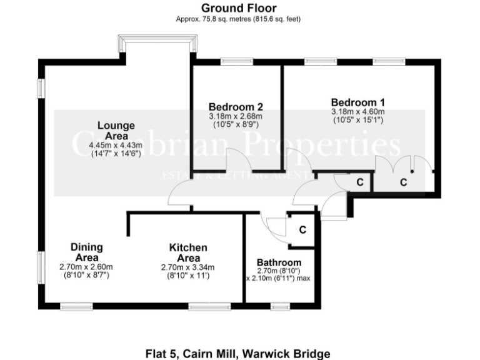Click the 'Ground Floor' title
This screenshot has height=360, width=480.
238,8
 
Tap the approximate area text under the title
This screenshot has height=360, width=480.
238,19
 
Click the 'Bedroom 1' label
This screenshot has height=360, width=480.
357,102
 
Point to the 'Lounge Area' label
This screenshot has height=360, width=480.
116,131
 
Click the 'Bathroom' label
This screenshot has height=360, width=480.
279,262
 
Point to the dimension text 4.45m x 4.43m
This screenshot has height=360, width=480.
116,145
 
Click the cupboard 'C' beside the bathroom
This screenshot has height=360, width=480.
302,230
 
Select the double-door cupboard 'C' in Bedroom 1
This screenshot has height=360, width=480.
403,182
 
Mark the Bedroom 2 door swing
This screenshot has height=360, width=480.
239,159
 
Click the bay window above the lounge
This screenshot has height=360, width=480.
159,46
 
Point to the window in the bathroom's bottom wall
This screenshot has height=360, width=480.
280,306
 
